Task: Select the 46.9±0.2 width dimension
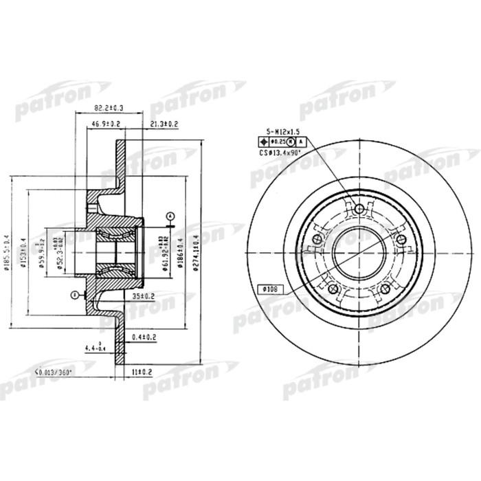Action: coord(107,124)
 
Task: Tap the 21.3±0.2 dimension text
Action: coord(164,124)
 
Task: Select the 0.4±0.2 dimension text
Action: coord(144,337)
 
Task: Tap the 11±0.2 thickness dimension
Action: coord(141,372)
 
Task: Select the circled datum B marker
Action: coord(74,295)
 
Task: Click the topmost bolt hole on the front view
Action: coord(359,209)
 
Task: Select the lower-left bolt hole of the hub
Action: coord(331,289)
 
